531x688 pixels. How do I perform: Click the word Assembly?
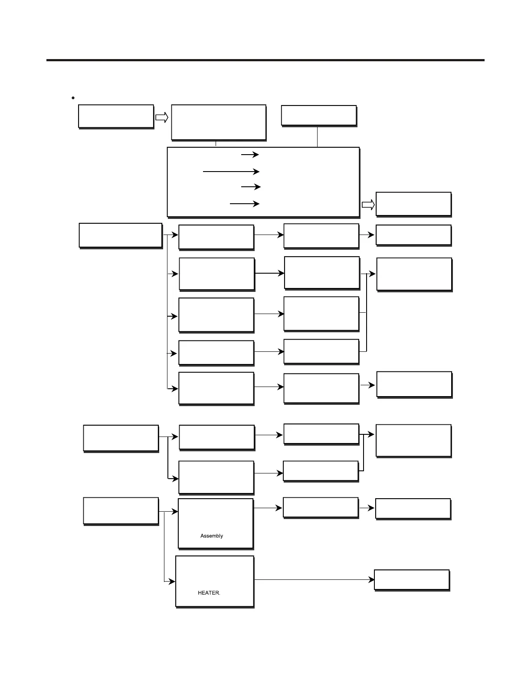pyautogui.click(x=212, y=536)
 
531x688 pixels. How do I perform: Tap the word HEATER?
pyautogui.click(x=209, y=593)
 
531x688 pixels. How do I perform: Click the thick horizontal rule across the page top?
pyautogui.click(x=265, y=60)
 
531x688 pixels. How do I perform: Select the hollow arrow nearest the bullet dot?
pyautogui.click(x=162, y=117)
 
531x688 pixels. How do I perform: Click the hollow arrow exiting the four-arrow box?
pyautogui.click(x=368, y=205)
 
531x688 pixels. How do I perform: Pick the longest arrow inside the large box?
pyautogui.click(x=231, y=172)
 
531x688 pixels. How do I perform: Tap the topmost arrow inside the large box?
pyautogui.click(x=250, y=155)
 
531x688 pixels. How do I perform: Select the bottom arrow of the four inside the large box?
pyautogui.click(x=244, y=203)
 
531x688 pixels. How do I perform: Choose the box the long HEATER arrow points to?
pyautogui.click(x=411, y=580)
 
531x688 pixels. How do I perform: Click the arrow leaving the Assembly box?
pyautogui.click(x=268, y=508)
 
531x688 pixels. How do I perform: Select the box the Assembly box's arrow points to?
pyautogui.click(x=321, y=508)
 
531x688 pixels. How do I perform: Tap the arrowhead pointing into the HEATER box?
pyautogui.click(x=172, y=581)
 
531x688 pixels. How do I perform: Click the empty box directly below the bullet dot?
pyautogui.click(x=116, y=116)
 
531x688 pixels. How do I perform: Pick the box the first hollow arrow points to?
pyautogui.click(x=219, y=122)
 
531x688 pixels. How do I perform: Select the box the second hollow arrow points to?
pyautogui.click(x=413, y=204)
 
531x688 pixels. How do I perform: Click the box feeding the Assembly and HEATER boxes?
pyautogui.click(x=121, y=511)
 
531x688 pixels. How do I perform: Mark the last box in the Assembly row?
pyautogui.click(x=413, y=509)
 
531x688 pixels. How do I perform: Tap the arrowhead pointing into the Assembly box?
pyautogui.click(x=175, y=512)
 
